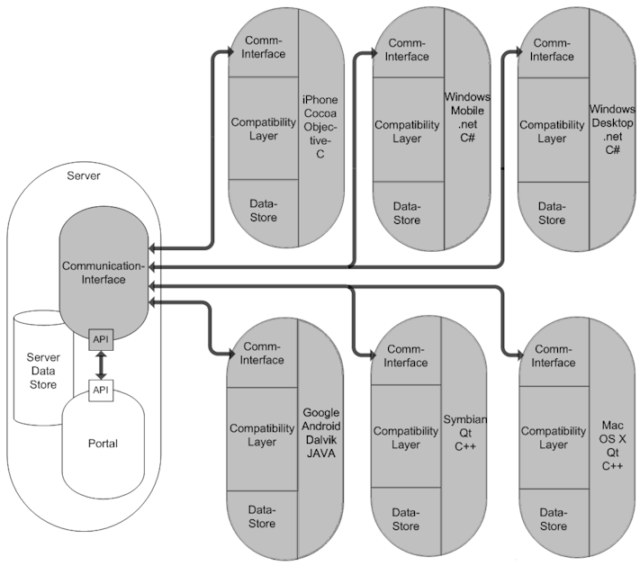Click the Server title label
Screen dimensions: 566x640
[84, 175]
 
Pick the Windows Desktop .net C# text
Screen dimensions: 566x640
[612, 129]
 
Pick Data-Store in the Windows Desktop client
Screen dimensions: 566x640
[552, 213]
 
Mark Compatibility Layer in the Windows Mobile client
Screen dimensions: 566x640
[407, 131]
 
